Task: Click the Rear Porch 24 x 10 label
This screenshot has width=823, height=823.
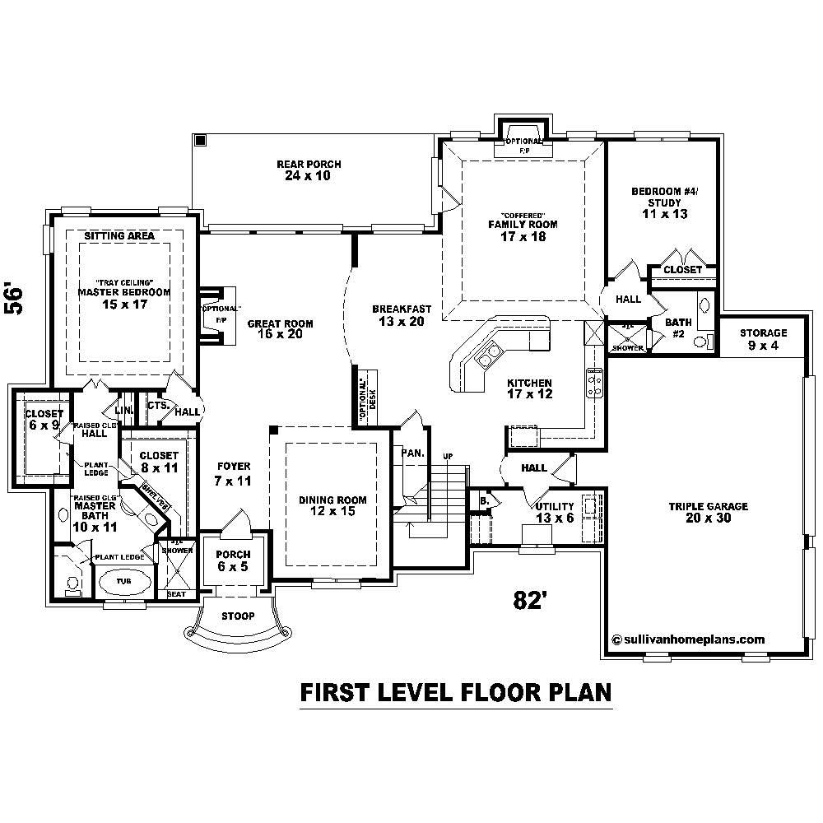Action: pos(309,170)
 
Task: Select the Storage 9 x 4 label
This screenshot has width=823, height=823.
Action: pos(763,339)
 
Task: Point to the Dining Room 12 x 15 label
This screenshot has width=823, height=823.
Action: pos(332,505)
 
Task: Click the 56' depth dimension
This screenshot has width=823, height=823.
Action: pos(16,299)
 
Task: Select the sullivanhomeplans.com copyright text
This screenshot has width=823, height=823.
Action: pos(689,639)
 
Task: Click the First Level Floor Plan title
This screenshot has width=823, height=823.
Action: pos(455,692)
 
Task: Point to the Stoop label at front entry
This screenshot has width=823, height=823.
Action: pos(238,616)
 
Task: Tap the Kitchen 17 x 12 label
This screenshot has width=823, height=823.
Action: pos(529,388)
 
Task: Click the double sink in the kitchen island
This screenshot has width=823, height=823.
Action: pos(487,356)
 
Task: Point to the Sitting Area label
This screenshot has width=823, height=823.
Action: pos(119,236)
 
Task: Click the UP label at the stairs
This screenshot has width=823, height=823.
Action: pos(448,456)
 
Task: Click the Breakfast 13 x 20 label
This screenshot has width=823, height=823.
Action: pos(401,315)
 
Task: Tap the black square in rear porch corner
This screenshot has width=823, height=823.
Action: pos(200,141)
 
